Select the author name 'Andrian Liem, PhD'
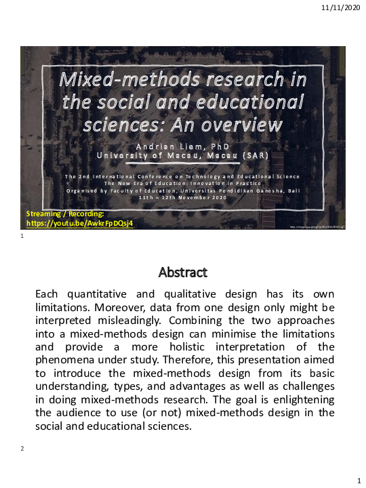[x=183, y=145]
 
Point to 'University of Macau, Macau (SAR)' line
[x=183, y=157]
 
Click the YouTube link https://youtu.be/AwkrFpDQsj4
[x=79, y=222]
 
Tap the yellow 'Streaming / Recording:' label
[x=62, y=213]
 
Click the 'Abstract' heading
[x=183, y=272]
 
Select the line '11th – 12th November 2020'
[x=183, y=198]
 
